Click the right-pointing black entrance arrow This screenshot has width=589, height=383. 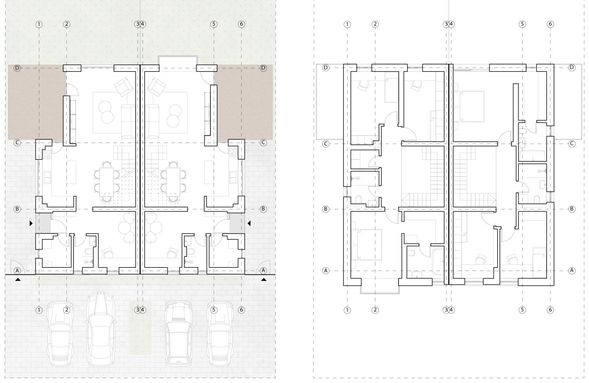point(31,224)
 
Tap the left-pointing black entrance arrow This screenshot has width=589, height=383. point(249,224)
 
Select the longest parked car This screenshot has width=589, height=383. point(101,328)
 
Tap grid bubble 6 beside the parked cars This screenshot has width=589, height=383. point(241,310)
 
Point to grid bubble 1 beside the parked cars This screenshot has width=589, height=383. point(39,310)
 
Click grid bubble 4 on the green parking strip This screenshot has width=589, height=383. point(143,310)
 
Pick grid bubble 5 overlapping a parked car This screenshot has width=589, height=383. point(214,310)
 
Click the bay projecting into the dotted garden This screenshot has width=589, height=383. point(178,63)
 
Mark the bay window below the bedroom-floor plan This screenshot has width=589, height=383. point(380,290)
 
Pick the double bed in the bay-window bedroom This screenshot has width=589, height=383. point(366,245)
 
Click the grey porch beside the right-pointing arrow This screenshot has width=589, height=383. point(43,223)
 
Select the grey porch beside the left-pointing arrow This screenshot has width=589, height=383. point(237,223)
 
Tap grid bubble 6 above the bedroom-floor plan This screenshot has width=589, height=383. point(550,24)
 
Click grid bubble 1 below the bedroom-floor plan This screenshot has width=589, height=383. point(347,310)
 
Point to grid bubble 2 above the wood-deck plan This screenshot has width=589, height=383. point(66,24)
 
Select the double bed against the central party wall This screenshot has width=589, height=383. point(469,106)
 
